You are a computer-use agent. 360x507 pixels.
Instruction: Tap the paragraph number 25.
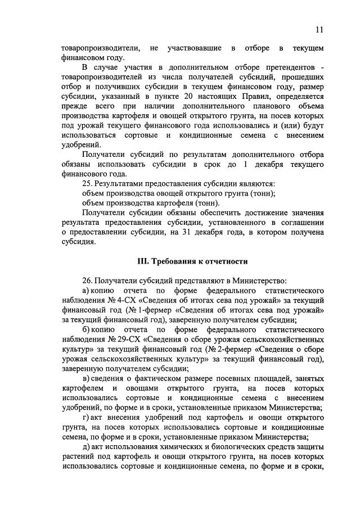[x=87, y=184]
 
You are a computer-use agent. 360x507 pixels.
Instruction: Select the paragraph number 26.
[x=87, y=280]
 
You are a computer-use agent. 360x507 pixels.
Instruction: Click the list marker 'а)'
[x=86, y=291]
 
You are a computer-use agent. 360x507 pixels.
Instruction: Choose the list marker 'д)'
[x=85, y=446]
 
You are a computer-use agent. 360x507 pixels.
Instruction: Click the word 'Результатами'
[x=122, y=184]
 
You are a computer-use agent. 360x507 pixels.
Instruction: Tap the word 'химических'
[x=191, y=446]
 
